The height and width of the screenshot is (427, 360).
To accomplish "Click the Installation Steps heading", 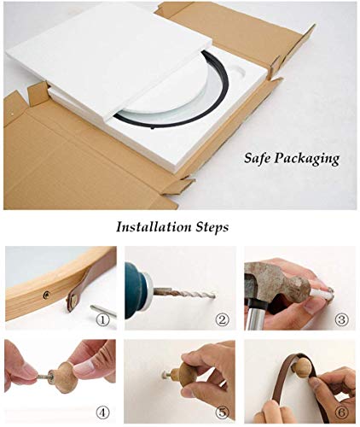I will coord(172,227).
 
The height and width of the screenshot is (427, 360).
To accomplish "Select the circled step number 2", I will coord(222,321).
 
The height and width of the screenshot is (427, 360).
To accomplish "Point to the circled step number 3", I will coord(340,321).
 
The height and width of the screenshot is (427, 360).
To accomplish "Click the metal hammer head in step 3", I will coord(270,278).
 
